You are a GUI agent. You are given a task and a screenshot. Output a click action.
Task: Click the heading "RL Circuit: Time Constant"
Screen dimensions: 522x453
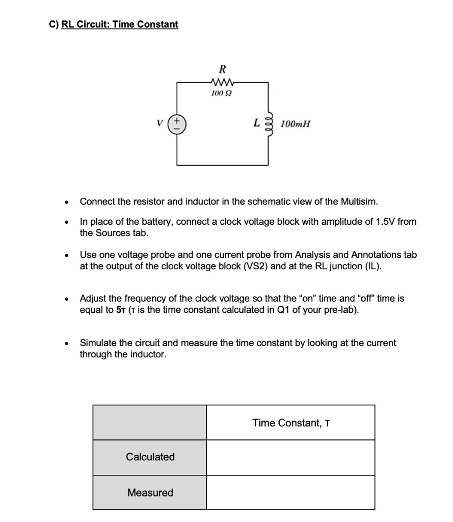[x=119, y=24]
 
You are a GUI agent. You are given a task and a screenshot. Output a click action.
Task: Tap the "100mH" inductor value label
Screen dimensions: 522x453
[x=295, y=124]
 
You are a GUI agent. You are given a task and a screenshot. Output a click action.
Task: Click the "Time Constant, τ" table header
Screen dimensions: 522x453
[x=290, y=423]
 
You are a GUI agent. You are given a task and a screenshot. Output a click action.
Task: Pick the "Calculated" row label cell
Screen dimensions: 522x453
[x=150, y=457]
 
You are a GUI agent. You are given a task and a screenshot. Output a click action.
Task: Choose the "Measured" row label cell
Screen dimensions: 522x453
[x=150, y=492]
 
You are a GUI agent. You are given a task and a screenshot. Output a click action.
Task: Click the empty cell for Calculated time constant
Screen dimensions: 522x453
[x=290, y=457]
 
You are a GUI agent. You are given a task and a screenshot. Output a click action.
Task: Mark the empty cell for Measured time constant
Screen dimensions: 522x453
[x=290, y=492]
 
